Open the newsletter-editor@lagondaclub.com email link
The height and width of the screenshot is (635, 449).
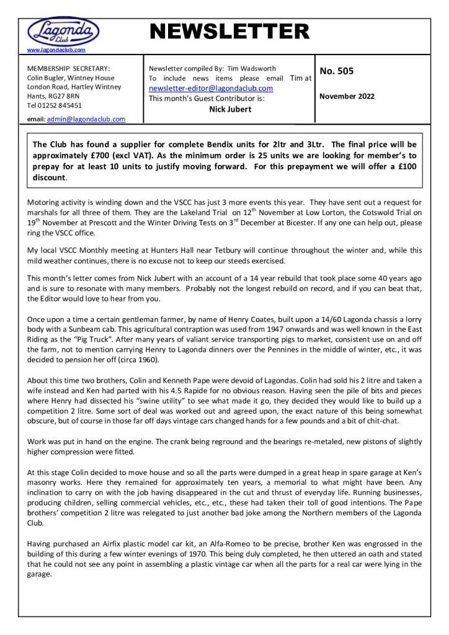(211, 88)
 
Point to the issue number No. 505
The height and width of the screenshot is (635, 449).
(337, 71)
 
